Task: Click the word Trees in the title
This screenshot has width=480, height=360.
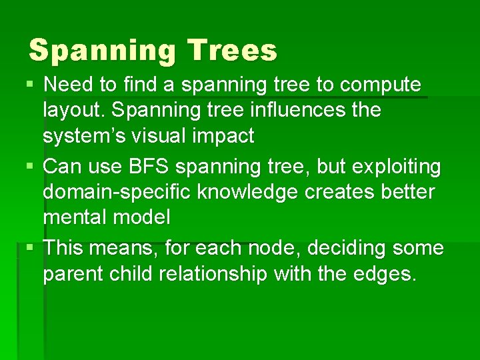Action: (232, 51)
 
